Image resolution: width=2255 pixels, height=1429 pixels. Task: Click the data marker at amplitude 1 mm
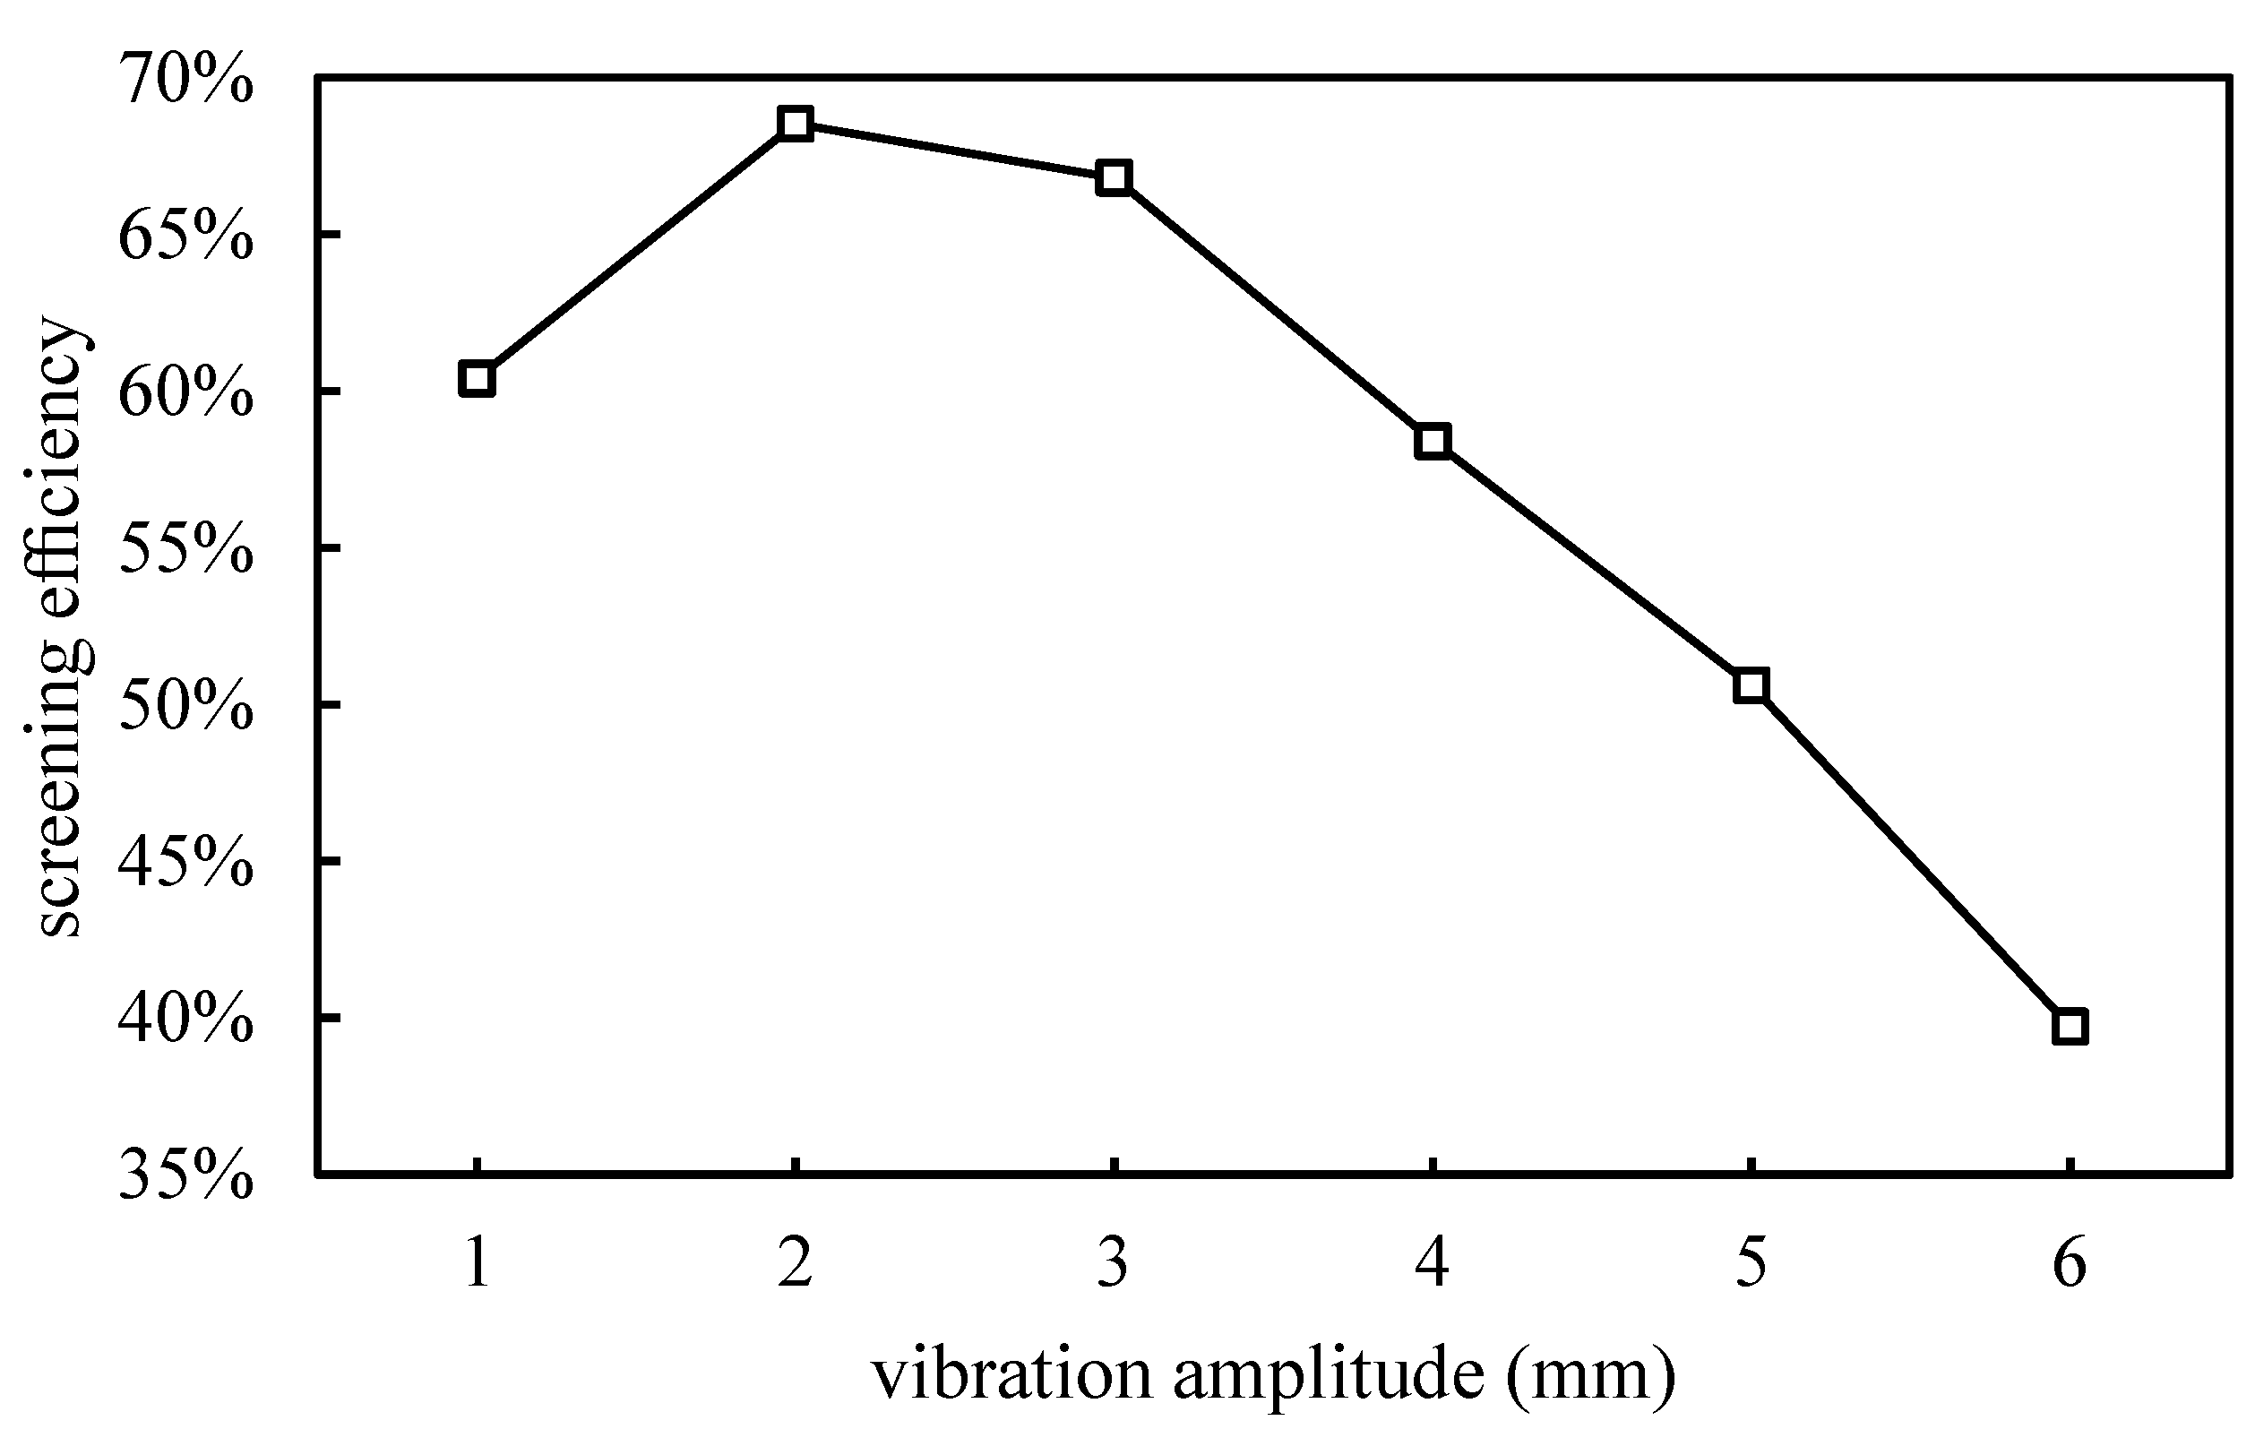coord(477,379)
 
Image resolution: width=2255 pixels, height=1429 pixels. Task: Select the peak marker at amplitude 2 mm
coord(795,123)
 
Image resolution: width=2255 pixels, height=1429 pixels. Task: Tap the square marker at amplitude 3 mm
coord(1114,177)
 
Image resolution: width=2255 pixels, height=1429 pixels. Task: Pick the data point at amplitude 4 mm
coord(1433,440)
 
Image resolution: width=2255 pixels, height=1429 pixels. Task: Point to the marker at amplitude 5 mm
coord(1751,685)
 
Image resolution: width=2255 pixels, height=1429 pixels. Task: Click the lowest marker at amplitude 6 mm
coord(2070,1028)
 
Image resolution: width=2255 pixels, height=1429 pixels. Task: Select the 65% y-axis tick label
coord(185,237)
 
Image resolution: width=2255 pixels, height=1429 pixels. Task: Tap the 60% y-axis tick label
coord(185,393)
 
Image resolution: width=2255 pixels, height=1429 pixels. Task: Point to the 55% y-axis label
coord(185,551)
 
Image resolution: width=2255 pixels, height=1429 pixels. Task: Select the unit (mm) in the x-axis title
coord(1591,1374)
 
